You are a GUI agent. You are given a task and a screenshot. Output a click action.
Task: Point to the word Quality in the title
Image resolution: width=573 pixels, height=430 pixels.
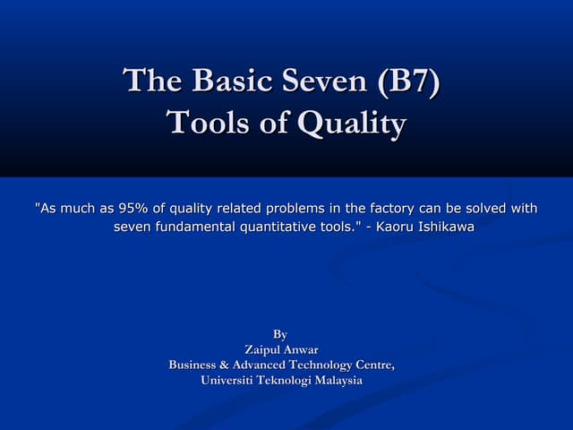click(351, 125)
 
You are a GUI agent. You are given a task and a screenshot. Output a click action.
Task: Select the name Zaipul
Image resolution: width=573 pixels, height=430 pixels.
click(263, 349)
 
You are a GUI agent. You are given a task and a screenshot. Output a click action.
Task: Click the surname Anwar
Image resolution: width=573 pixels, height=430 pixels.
click(301, 349)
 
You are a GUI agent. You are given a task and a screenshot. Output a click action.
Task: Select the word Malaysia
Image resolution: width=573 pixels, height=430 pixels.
click(333, 380)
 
